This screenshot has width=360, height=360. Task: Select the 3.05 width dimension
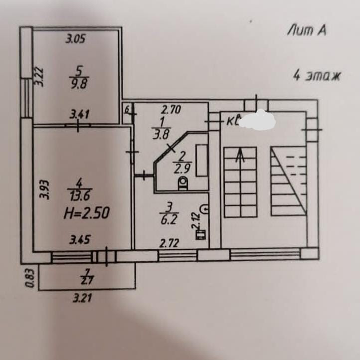76,39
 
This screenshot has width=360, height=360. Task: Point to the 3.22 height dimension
40,77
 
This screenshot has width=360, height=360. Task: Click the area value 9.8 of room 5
79,84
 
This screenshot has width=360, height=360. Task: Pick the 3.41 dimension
79,114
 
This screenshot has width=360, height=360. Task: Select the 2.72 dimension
168,244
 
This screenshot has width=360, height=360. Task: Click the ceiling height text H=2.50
85,213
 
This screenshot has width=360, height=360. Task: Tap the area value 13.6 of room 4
79,197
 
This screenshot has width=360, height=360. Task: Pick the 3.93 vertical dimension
44,189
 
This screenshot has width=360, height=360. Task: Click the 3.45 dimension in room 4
80,240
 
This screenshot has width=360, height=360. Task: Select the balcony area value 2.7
86,280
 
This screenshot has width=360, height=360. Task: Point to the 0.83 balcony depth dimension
30,278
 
